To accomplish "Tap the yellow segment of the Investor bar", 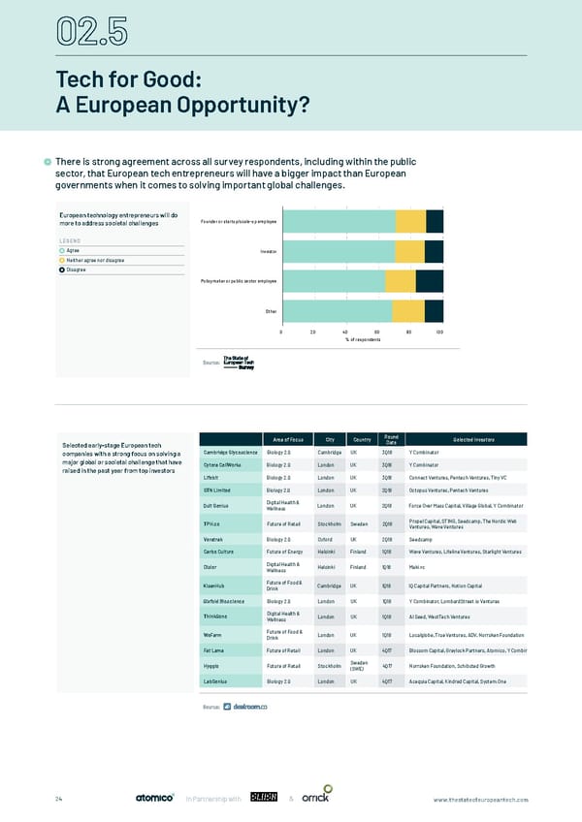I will click(410, 251).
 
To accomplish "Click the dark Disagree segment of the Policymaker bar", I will click(430, 281).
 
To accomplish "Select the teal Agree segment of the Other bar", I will click(337, 311).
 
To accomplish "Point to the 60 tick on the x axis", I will click(376, 332).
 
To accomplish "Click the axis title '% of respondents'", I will click(362, 341).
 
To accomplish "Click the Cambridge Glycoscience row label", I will click(230, 453).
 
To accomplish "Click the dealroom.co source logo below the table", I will click(245, 707).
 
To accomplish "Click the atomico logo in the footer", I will click(154, 798).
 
